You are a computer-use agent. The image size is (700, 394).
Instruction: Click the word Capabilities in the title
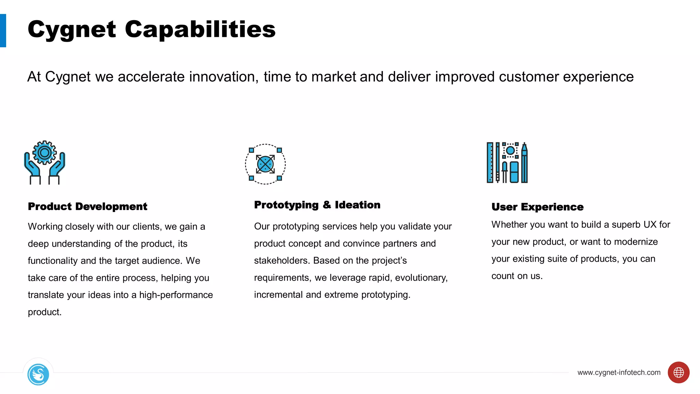(x=200, y=29)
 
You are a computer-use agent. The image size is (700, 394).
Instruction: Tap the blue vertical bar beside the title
(x=3, y=30)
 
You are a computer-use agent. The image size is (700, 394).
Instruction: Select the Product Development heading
(x=87, y=207)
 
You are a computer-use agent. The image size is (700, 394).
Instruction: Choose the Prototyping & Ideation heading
(x=317, y=205)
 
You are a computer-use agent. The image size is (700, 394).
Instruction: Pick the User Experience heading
(x=537, y=207)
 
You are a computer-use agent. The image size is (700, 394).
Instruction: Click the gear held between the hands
(x=44, y=153)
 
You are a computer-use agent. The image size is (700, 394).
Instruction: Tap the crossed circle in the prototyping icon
(x=265, y=164)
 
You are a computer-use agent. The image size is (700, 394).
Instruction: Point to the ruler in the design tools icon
(x=490, y=163)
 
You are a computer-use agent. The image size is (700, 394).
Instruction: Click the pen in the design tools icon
(x=524, y=163)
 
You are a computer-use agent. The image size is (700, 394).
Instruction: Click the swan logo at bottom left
(x=38, y=375)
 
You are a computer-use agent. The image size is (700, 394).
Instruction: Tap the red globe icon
(x=678, y=372)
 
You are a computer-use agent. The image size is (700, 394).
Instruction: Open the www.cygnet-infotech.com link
(x=619, y=372)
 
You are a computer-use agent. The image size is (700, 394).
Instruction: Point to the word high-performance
(x=176, y=295)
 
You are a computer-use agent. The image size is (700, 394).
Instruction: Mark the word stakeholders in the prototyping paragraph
(x=282, y=261)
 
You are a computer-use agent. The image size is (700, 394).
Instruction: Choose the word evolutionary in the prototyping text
(x=421, y=278)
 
